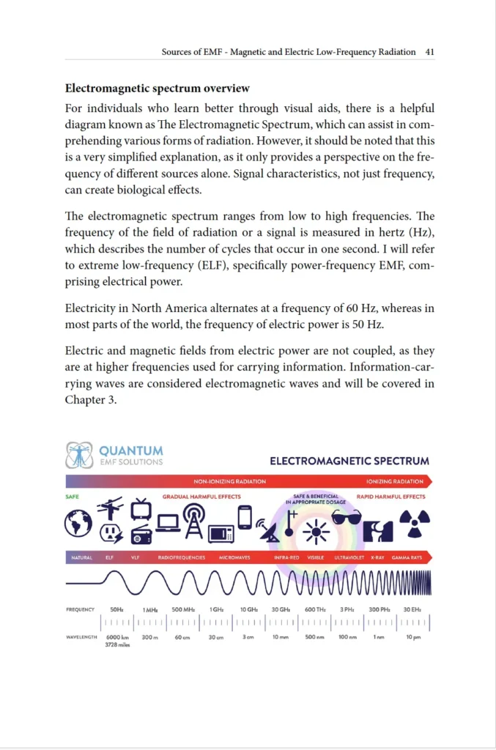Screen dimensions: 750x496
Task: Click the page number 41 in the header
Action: click(x=429, y=52)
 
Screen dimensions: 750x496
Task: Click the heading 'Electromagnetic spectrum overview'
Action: click(x=158, y=89)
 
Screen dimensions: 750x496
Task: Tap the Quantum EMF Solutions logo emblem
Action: click(x=79, y=455)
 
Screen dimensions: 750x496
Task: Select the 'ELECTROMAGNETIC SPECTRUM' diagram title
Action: click(x=349, y=461)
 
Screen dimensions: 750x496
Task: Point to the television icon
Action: click(x=141, y=508)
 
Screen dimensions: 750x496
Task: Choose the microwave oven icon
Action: click(x=221, y=533)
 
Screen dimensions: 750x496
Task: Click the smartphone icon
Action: click(x=245, y=517)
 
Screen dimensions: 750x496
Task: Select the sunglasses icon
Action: click(x=346, y=516)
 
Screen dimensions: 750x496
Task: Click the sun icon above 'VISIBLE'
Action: click(x=317, y=530)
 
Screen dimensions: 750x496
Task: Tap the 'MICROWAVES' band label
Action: click(x=234, y=557)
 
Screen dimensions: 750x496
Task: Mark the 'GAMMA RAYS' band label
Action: click(x=407, y=557)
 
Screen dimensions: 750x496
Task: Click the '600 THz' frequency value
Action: click(x=315, y=609)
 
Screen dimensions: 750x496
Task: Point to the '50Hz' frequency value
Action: click(x=116, y=609)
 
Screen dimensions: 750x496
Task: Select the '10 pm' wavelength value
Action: click(x=412, y=637)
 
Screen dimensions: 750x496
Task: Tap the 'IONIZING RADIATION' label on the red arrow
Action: click(x=394, y=482)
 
